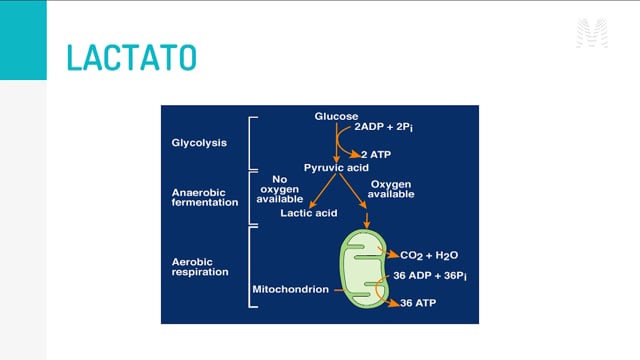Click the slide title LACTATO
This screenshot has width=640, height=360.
(x=131, y=57)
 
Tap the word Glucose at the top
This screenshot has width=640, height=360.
(x=336, y=116)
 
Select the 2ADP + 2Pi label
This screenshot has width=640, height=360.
(x=384, y=127)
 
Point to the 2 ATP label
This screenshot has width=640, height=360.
(x=376, y=155)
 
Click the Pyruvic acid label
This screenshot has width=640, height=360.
(x=336, y=168)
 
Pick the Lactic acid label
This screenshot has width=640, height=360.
(x=309, y=213)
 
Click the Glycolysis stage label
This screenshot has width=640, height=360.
(x=199, y=143)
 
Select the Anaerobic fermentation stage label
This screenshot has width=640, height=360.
(x=205, y=198)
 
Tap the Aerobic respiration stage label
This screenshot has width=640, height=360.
(x=200, y=267)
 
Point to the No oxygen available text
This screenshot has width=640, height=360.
(x=280, y=189)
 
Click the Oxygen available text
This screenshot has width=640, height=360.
(x=391, y=189)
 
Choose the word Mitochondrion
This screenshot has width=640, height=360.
(x=291, y=289)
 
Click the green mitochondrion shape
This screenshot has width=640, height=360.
(x=364, y=268)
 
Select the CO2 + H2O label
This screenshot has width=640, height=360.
(x=429, y=256)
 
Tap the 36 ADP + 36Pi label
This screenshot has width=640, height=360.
(x=430, y=276)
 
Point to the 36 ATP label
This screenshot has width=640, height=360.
(x=418, y=303)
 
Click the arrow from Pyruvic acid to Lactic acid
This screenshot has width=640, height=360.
(x=322, y=191)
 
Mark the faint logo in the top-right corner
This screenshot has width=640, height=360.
(x=592, y=33)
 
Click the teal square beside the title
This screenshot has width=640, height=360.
(x=23, y=40)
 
